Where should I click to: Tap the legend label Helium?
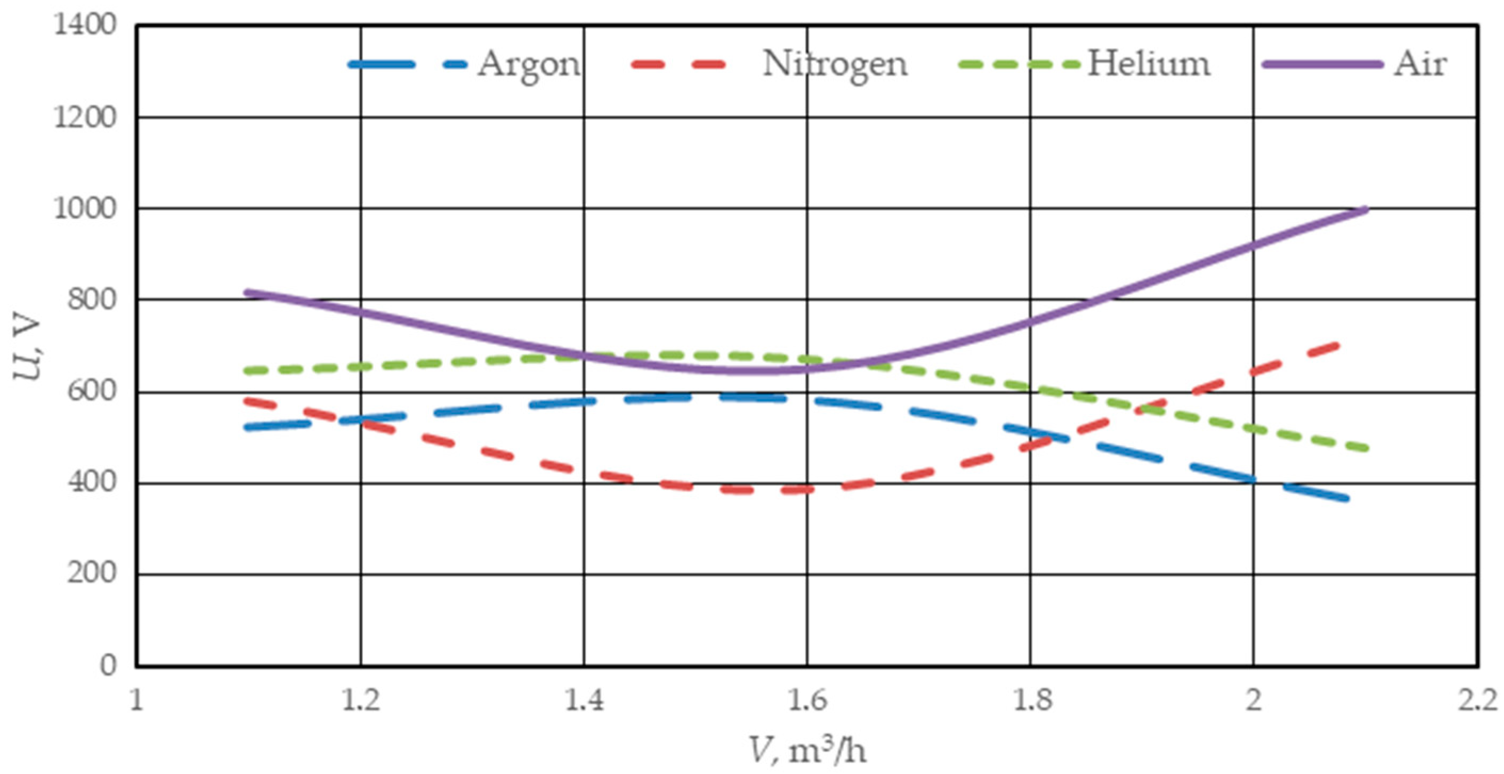point(1149,63)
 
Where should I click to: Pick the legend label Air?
point(1420,63)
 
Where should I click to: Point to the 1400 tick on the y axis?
point(85,25)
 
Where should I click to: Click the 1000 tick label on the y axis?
point(85,208)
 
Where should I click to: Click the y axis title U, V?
point(28,349)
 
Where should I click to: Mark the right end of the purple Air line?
point(1366,209)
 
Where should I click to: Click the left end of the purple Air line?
point(246,293)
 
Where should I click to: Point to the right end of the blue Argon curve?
point(1346,498)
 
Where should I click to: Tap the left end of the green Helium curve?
point(246,371)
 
